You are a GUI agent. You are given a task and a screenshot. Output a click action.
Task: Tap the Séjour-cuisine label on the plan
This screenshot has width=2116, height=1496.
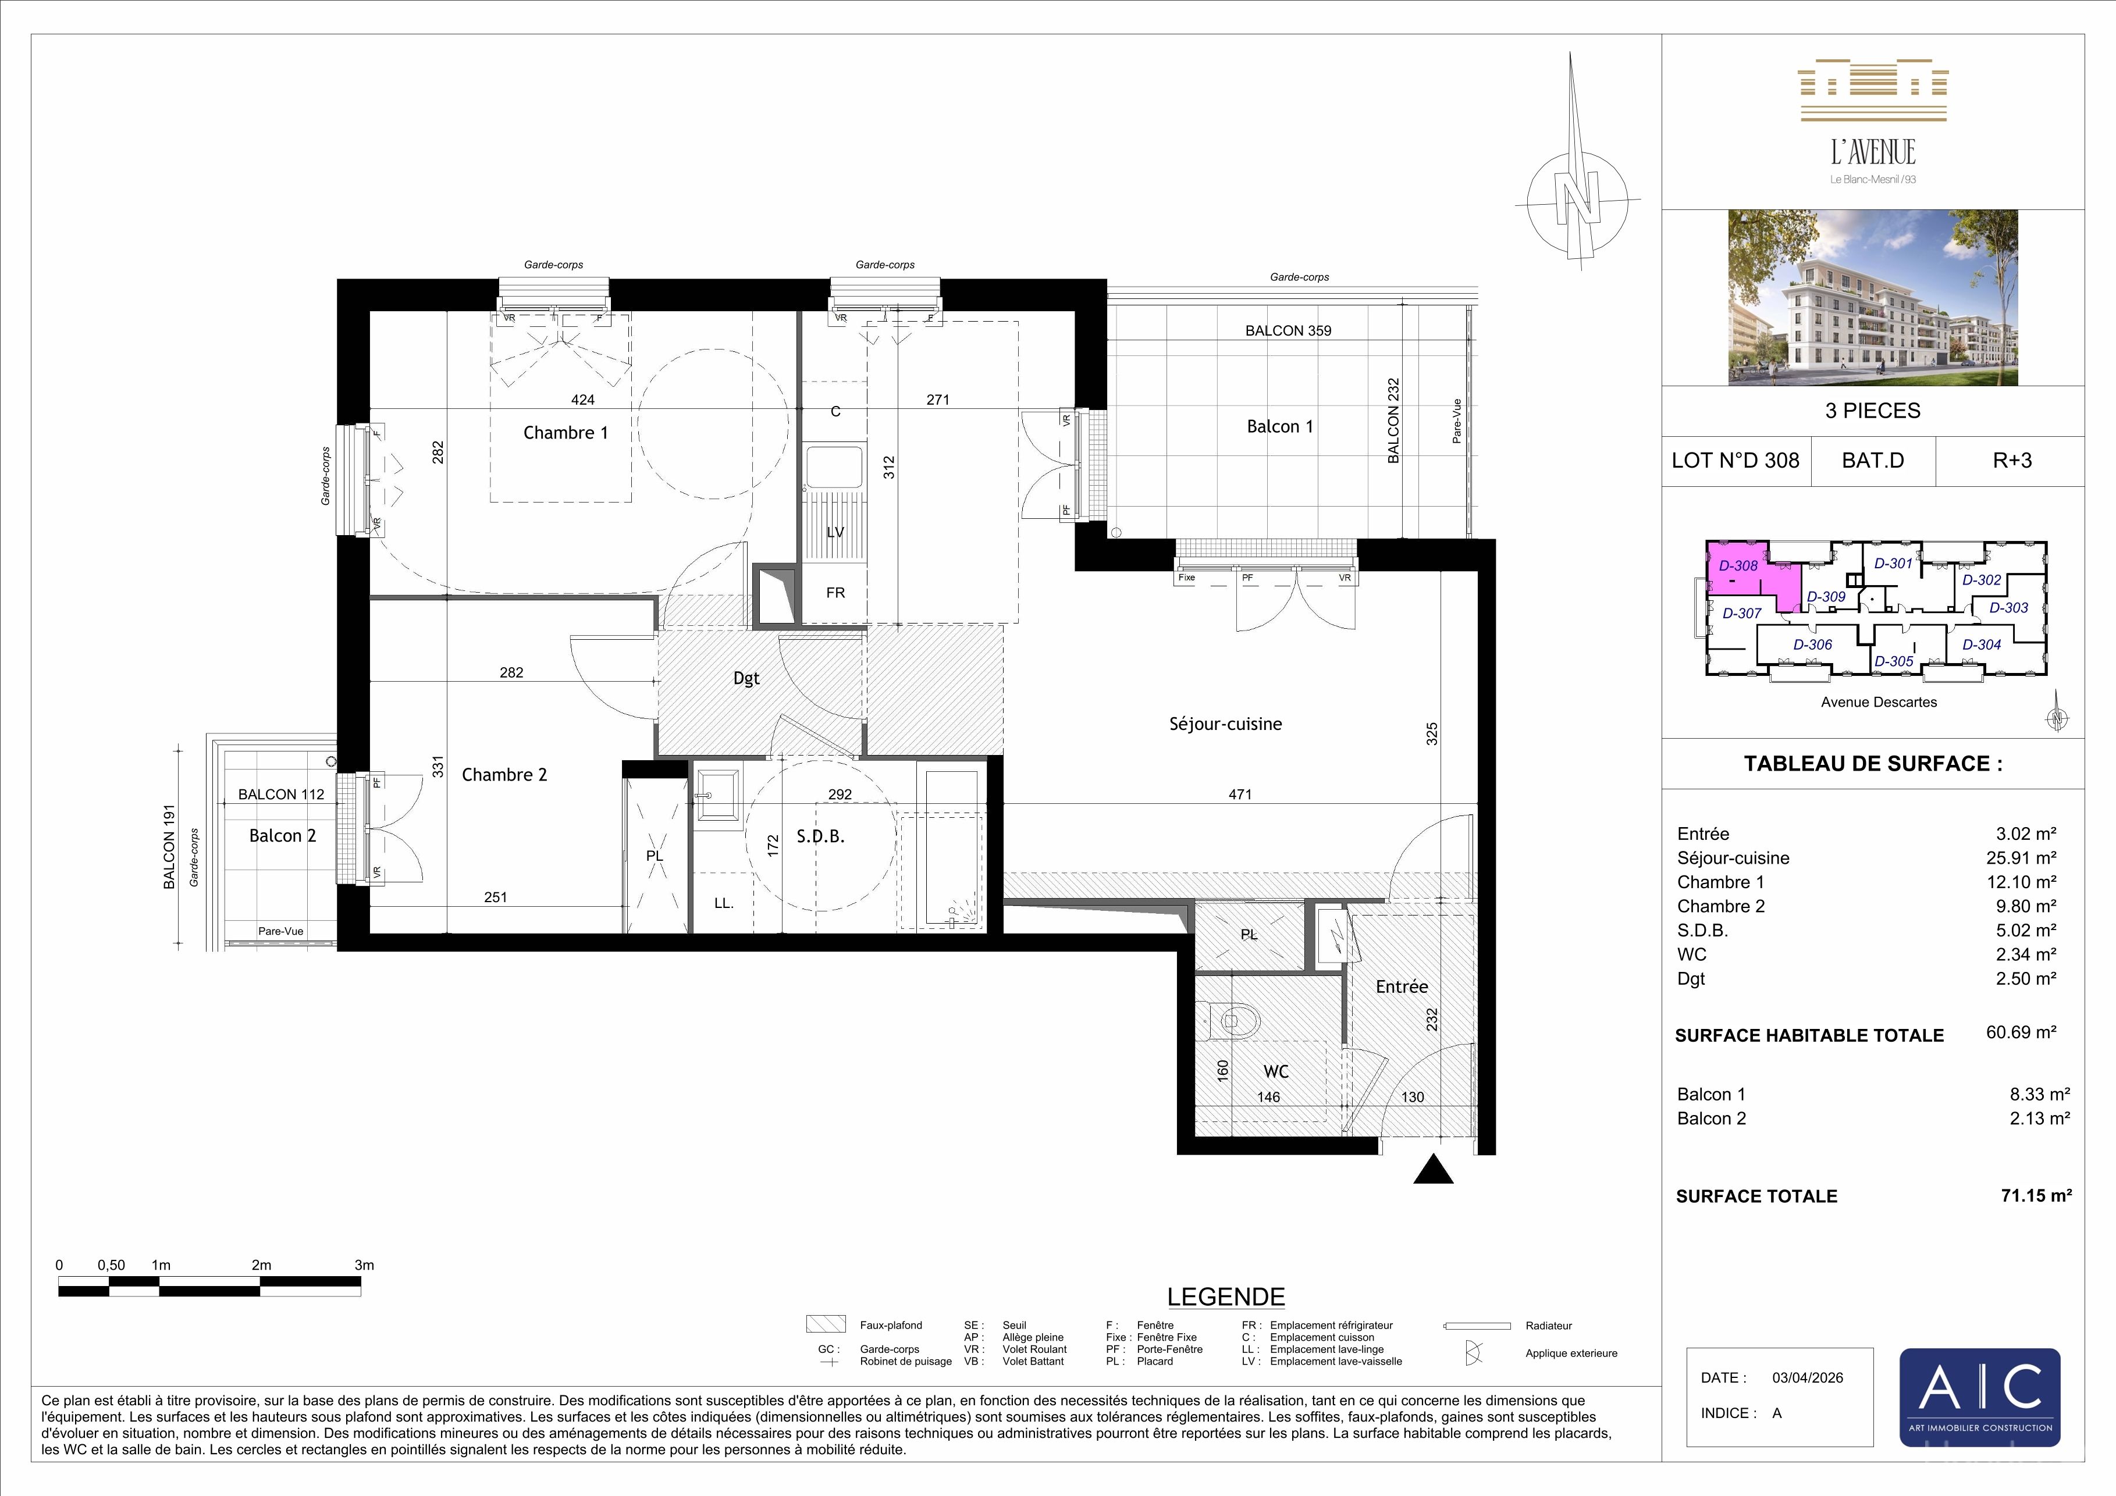pyautogui.click(x=1226, y=724)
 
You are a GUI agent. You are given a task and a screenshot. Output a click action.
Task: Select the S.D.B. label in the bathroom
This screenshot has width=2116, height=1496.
pyautogui.click(x=820, y=836)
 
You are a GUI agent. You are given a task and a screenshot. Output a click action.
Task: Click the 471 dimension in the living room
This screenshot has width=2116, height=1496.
pyautogui.click(x=1240, y=794)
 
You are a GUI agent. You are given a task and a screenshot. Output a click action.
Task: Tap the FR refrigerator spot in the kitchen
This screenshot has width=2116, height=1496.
pyautogui.click(x=835, y=592)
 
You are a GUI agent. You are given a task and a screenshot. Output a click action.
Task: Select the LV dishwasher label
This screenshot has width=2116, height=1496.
pyautogui.click(x=835, y=532)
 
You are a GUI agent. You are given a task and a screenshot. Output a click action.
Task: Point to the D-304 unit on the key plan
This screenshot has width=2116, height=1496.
pyautogui.click(x=1982, y=645)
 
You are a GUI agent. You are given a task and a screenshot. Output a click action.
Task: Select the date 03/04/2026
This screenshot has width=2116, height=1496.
pyautogui.click(x=1807, y=1378)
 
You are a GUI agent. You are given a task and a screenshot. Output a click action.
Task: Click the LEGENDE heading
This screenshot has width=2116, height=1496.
pyautogui.click(x=1226, y=1297)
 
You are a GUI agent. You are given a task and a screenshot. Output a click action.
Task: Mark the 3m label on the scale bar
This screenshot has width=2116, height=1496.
pyautogui.click(x=365, y=1265)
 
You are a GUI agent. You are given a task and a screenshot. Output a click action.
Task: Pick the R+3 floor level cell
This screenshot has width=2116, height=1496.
pyautogui.click(x=2012, y=461)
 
